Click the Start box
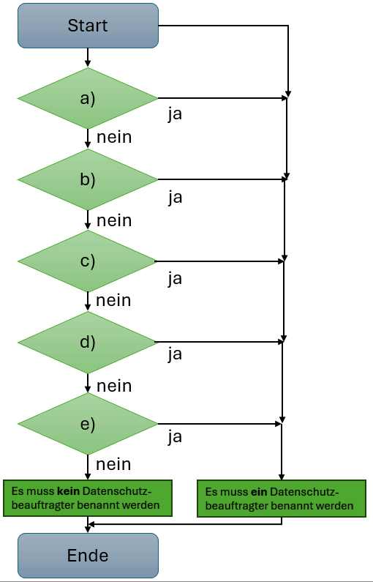[88, 26]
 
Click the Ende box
[88, 556]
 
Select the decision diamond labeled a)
[88, 98]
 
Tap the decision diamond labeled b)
[88, 179]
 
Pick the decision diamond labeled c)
[88, 261]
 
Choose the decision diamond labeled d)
[88, 342]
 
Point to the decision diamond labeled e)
[88, 423]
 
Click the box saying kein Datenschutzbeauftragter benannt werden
[88, 498]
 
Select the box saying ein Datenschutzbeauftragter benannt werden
[281, 499]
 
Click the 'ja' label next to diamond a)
[175, 115]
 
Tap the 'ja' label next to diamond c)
[175, 278]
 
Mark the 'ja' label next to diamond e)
[175, 437]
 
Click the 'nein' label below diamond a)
[114, 137]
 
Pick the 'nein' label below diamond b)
[114, 220]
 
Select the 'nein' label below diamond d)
[114, 385]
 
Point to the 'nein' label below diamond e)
[114, 463]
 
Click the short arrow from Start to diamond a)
[88, 58]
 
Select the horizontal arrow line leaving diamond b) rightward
[219, 179]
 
